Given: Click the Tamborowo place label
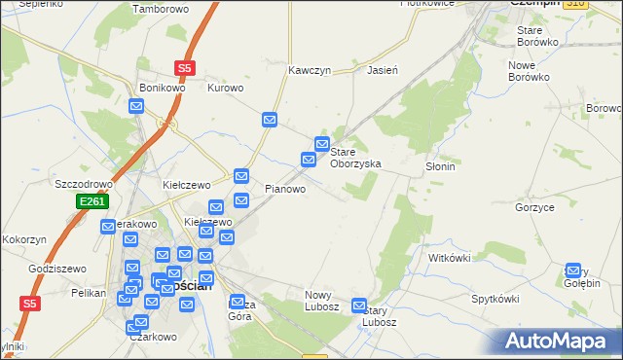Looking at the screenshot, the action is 160,9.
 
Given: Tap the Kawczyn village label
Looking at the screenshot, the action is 311,71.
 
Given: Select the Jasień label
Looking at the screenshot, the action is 383,70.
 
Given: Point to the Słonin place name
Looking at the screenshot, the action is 440,166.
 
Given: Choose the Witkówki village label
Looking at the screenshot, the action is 450,258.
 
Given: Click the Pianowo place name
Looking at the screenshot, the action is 286,189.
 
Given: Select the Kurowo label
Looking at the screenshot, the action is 225,88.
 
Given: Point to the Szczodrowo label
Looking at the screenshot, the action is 85,184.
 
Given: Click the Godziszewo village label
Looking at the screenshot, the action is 57,269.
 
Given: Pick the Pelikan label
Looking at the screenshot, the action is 88,293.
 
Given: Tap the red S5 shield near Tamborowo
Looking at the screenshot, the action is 185,68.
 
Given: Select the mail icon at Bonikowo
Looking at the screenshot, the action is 136,105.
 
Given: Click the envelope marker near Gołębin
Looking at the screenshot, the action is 573,271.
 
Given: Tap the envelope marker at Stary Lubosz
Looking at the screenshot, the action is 360,306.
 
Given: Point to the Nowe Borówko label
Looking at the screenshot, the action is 529,70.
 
